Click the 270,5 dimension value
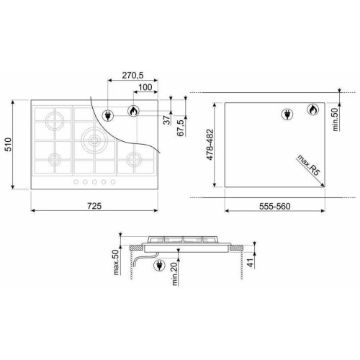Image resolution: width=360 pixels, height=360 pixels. tap(132, 76)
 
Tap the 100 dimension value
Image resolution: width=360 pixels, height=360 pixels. tap(145, 87)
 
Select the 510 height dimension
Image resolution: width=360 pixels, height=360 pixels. tap(9, 145)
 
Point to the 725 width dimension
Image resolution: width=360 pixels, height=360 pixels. tap(94, 206)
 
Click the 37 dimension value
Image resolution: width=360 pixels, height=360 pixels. tap(166, 120)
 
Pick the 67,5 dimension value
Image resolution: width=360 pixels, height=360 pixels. tap(181, 128)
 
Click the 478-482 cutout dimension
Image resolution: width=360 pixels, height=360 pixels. tap(210, 145)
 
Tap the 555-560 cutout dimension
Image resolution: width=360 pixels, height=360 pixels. tap(275, 206)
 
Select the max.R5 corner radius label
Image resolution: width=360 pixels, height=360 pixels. tap(309, 166)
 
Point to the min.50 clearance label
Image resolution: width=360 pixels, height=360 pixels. tap(336, 120)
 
